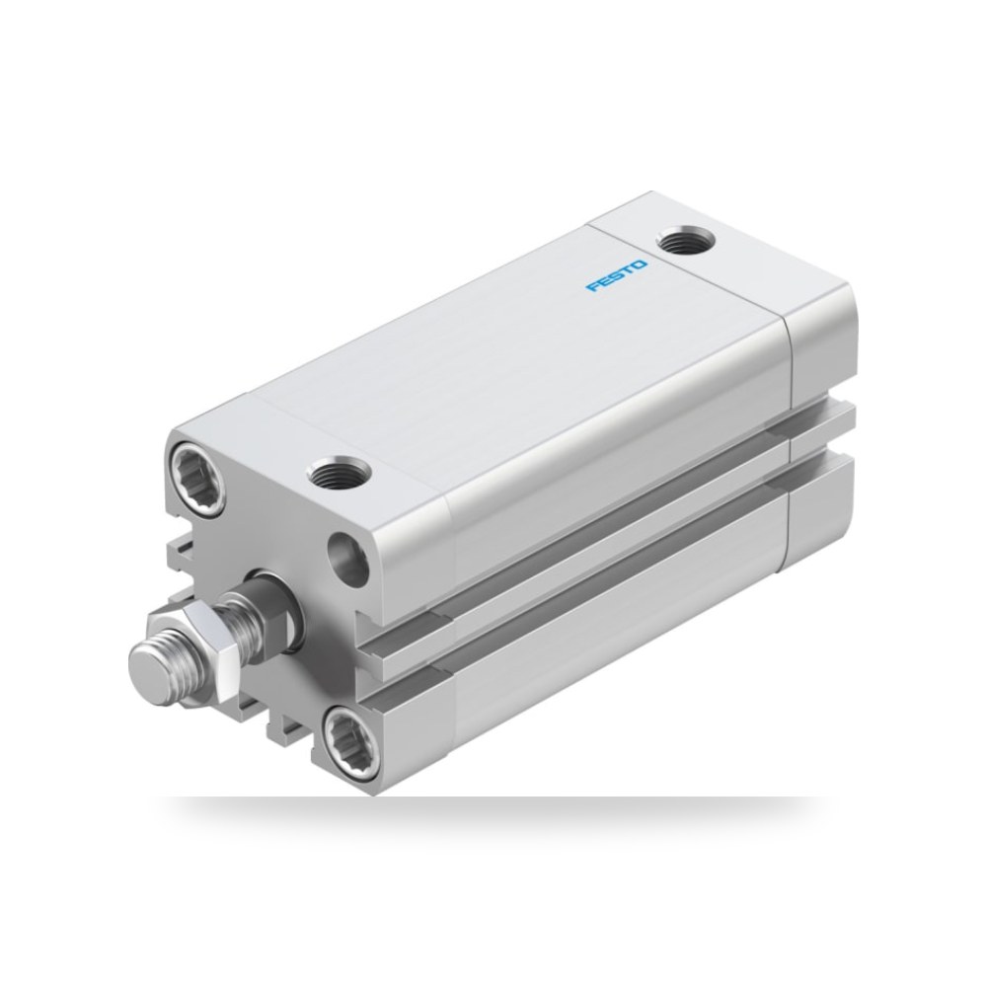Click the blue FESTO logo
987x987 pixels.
[618, 275]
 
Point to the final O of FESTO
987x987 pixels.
[641, 264]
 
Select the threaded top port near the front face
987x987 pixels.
[340, 472]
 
